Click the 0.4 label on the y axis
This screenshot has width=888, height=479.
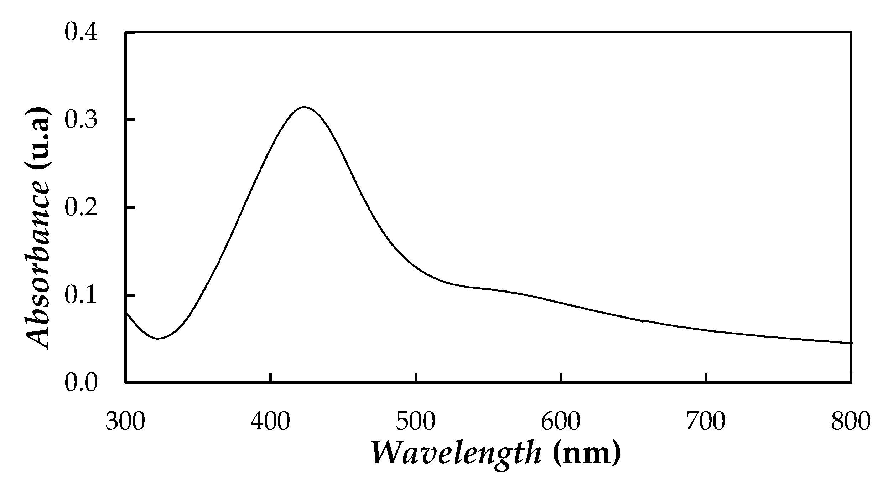81,33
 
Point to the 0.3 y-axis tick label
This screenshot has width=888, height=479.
81,120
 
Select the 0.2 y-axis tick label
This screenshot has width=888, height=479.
81,208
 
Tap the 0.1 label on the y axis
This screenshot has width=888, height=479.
81,295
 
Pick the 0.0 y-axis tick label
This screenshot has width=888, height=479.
81,383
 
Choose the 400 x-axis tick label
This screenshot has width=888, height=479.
270,422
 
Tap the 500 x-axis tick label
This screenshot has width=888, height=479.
416,422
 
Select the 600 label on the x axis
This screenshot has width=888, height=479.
561,422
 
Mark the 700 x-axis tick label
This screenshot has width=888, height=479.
706,422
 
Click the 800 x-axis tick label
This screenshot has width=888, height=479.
851,422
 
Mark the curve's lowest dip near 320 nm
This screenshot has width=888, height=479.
158,338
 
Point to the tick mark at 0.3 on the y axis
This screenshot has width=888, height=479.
130,120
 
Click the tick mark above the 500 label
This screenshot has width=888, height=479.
416,378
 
